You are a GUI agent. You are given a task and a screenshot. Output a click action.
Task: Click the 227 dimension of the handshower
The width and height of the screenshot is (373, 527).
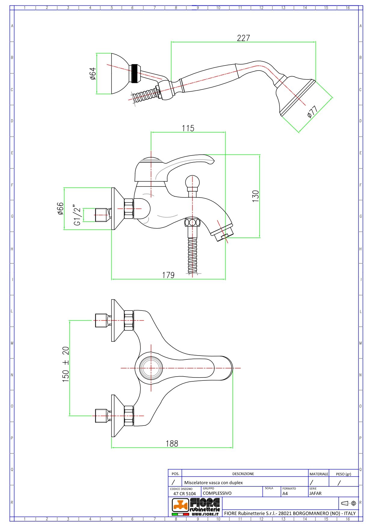click(243, 38)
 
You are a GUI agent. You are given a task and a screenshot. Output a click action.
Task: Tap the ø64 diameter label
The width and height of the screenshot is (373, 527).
click(93, 74)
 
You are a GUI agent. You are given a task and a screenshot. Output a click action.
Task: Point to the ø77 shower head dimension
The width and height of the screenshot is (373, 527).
click(313, 112)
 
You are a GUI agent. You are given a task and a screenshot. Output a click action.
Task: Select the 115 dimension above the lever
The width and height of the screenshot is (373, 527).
click(188, 128)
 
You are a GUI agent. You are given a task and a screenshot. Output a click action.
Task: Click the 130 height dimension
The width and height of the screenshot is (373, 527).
click(255, 196)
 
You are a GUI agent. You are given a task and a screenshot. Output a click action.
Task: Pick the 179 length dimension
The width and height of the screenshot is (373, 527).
click(168, 275)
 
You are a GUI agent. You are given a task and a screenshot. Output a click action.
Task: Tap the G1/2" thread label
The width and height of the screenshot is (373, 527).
click(77, 215)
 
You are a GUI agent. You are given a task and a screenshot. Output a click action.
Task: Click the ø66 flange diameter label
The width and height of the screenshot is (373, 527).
click(60, 208)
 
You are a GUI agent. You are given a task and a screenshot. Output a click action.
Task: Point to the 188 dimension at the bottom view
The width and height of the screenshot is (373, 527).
click(172, 444)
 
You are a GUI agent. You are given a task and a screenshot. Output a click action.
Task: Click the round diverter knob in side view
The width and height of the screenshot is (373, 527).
click(192, 182)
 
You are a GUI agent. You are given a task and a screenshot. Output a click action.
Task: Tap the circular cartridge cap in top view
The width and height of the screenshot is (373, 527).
click(151, 368)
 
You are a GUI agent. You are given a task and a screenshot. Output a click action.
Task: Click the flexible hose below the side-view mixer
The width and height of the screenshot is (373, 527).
click(193, 255)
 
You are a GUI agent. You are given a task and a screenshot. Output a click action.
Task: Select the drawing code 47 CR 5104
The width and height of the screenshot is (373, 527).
click(184, 493)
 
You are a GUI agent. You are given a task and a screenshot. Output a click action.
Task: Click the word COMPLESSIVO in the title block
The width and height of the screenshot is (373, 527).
click(217, 493)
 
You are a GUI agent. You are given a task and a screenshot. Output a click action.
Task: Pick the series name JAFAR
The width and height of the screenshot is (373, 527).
click(315, 493)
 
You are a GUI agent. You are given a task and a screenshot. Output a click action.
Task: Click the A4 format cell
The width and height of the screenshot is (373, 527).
click(285, 493)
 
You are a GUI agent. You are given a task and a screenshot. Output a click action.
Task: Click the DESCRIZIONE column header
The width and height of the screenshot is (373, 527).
click(243, 474)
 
